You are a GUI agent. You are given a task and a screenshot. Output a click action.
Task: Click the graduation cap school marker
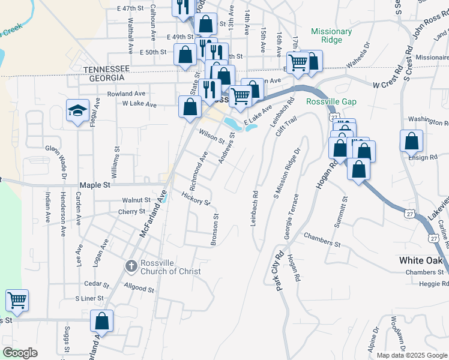pos(77,111)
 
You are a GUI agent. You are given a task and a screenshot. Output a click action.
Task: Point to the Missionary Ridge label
pos(331,35)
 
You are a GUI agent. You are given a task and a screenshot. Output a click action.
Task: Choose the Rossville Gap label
pos(331,101)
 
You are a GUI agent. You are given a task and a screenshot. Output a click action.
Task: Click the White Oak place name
pos(424,260)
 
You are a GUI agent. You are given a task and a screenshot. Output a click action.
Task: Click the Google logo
pos(20,353)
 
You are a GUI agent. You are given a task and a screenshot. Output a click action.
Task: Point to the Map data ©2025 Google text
pos(412,355)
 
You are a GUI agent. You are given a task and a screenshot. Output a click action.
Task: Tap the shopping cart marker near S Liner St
pos(17,300)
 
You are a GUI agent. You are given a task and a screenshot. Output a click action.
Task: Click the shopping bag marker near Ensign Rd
pos(412,142)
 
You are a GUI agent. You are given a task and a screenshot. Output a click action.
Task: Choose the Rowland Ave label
pos(126,94)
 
